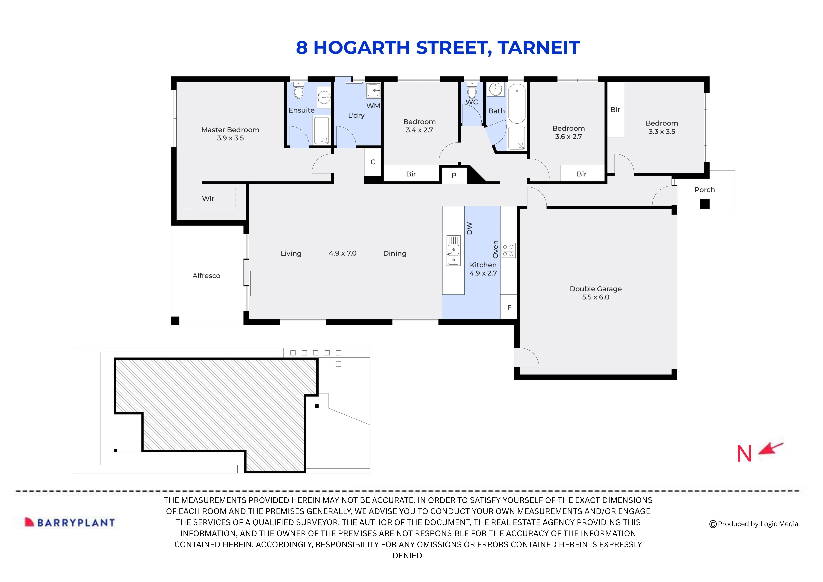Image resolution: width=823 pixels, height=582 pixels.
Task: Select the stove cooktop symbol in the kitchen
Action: (x=508, y=250)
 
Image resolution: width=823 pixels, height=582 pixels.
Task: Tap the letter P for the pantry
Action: (x=454, y=175)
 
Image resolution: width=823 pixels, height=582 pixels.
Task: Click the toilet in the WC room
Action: (x=472, y=91)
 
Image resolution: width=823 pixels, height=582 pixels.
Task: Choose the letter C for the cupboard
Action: (x=373, y=162)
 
